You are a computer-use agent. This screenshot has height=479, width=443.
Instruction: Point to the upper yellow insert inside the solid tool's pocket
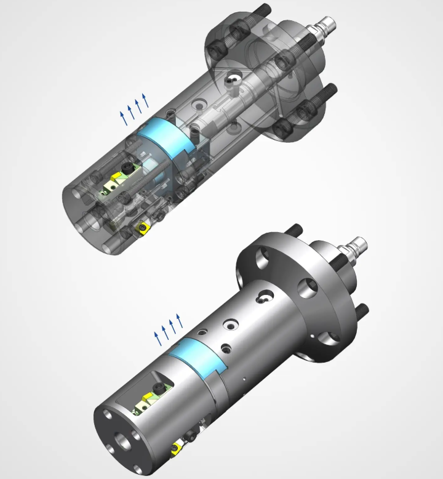[148, 400]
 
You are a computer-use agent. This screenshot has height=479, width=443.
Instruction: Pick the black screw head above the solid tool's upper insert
[162, 390]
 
